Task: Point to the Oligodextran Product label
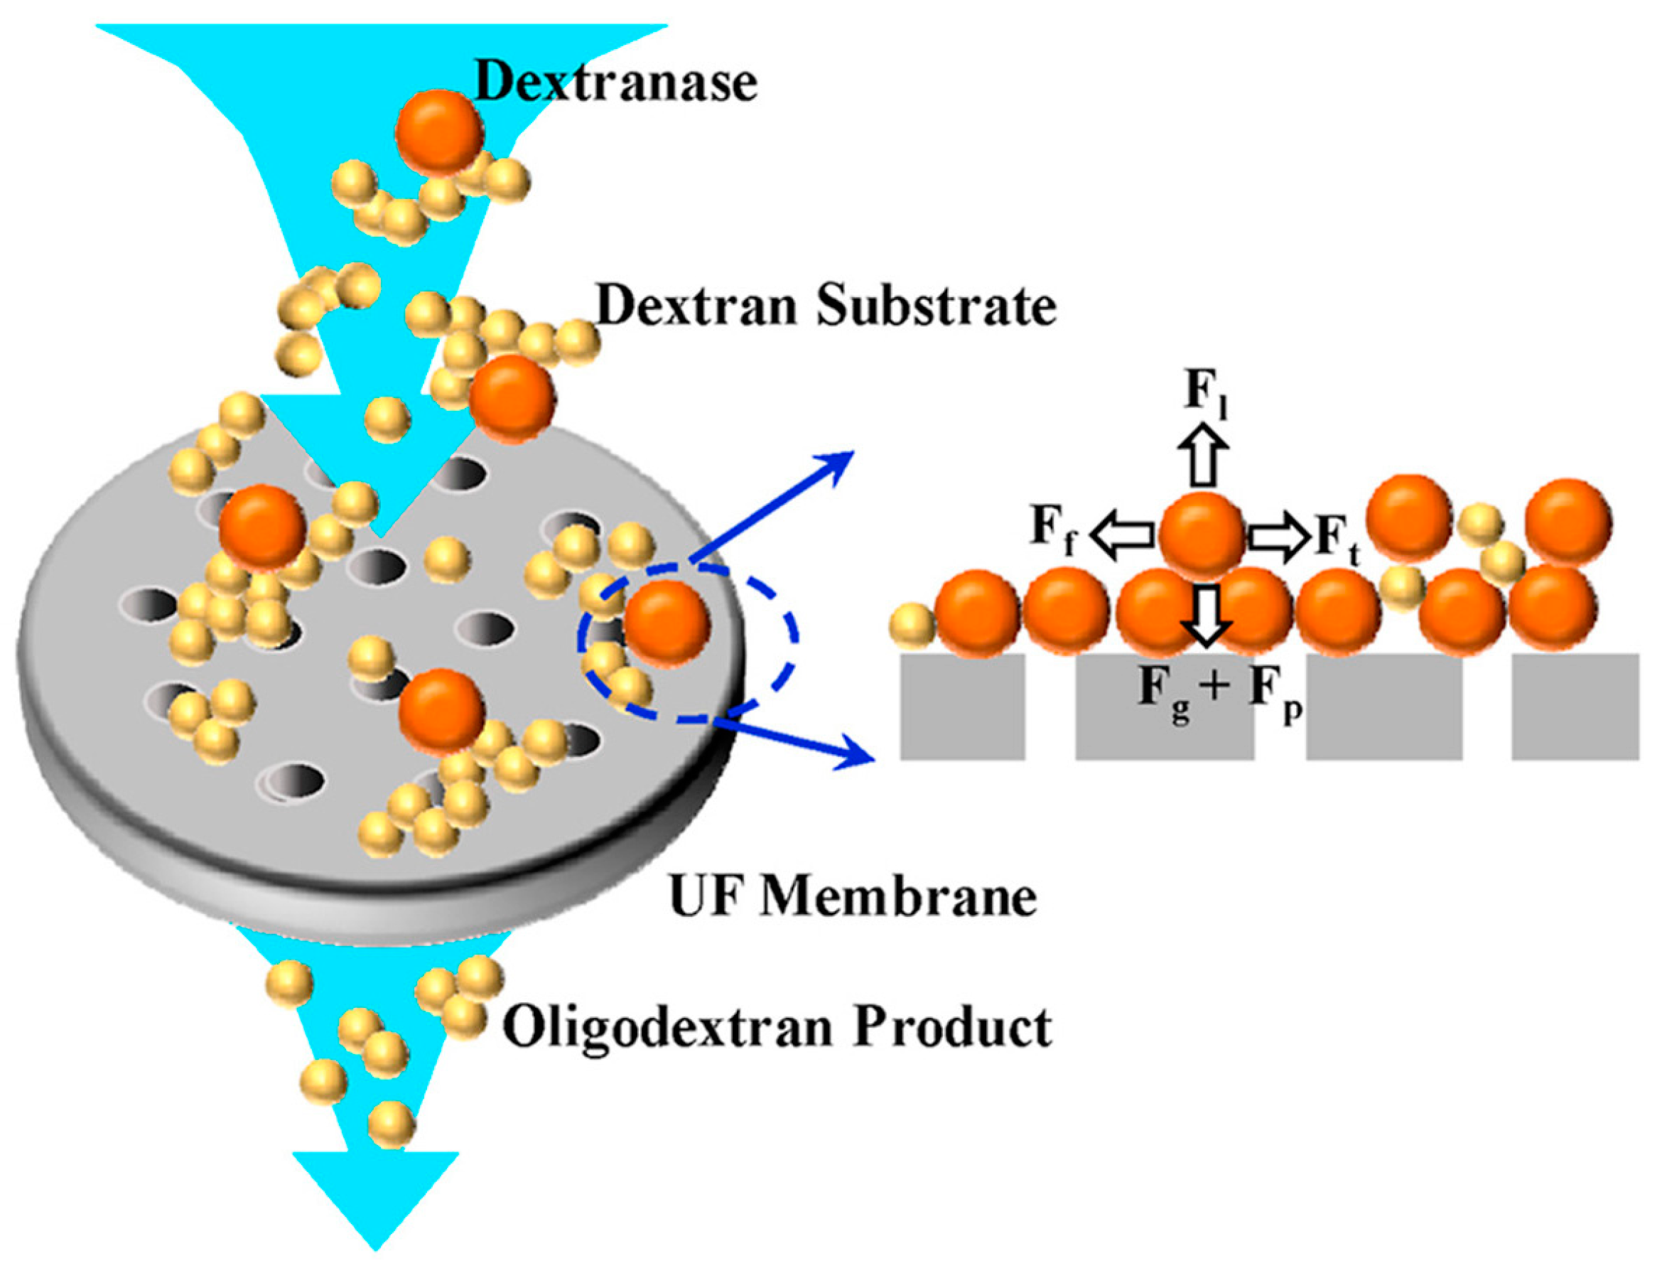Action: [777, 1028]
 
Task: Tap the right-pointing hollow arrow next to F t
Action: [1280, 537]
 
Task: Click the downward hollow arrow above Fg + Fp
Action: [1206, 616]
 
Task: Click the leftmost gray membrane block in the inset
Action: [962, 705]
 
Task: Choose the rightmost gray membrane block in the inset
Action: [1574, 705]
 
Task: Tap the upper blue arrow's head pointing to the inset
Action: [840, 460]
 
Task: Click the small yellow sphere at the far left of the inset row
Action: [912, 625]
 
